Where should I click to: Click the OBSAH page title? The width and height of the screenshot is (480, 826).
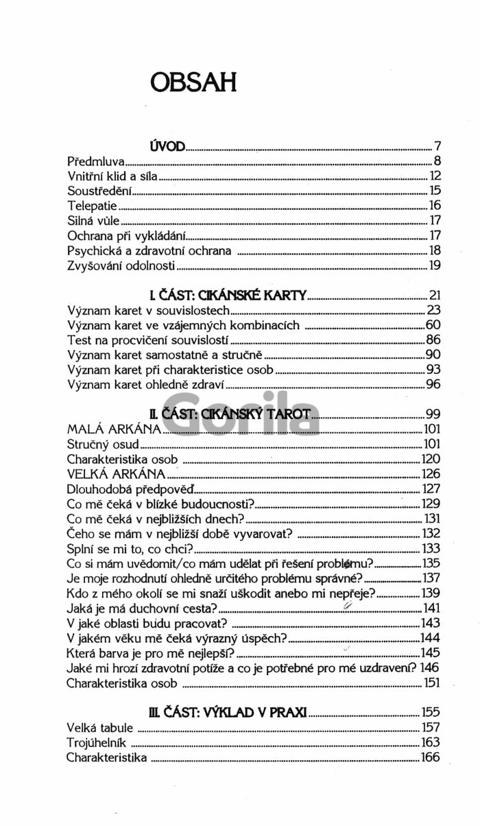[x=194, y=81]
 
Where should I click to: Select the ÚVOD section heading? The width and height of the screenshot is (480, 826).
[x=167, y=146]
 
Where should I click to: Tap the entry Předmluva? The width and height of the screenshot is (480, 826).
[x=95, y=162]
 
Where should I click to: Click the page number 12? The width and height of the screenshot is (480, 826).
[x=435, y=176]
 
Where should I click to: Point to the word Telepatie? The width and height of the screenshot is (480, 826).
[x=92, y=206]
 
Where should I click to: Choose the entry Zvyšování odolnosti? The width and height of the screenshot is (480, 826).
[x=122, y=265]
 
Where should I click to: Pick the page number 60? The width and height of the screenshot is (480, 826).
[x=433, y=325]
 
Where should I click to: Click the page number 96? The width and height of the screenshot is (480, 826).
[x=433, y=383]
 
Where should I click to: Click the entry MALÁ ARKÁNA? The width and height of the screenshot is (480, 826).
[x=114, y=429]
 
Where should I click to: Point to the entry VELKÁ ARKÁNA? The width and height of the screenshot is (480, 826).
[x=117, y=474]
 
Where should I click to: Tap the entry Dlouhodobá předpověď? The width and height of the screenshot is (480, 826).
[x=131, y=489]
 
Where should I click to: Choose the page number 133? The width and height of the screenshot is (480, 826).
[x=431, y=548]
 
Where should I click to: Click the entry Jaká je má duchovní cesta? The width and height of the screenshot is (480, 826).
[x=143, y=608]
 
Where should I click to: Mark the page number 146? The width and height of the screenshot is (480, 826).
[x=429, y=667]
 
